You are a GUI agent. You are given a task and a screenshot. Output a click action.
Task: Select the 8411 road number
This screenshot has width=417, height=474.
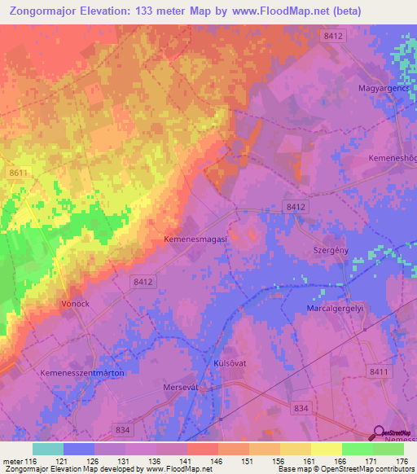click(378, 371)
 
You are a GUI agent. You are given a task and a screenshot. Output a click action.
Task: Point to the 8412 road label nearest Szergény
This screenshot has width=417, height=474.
click(296, 208)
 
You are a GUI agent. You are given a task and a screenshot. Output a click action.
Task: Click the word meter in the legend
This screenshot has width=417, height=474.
click(12, 462)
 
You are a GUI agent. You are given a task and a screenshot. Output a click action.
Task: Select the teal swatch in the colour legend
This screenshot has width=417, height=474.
click(48, 449)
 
